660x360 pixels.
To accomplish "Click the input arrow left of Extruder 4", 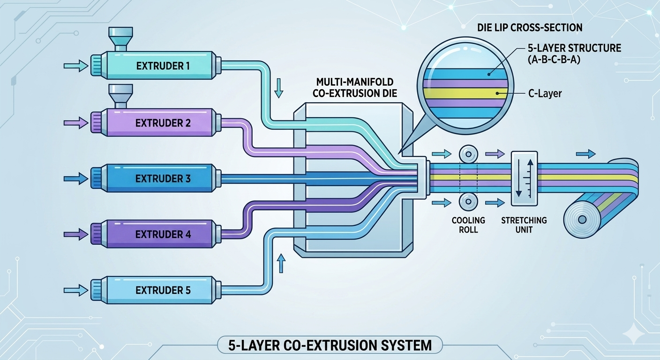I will pos(76,233).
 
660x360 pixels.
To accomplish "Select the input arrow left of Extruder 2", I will pos(76,123).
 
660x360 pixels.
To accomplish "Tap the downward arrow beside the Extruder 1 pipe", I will pos(279,88).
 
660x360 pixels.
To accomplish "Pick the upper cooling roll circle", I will pos(467,154).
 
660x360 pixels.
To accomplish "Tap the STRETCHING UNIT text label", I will pos(523,225).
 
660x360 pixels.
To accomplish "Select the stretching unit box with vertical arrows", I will pos(524,178).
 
